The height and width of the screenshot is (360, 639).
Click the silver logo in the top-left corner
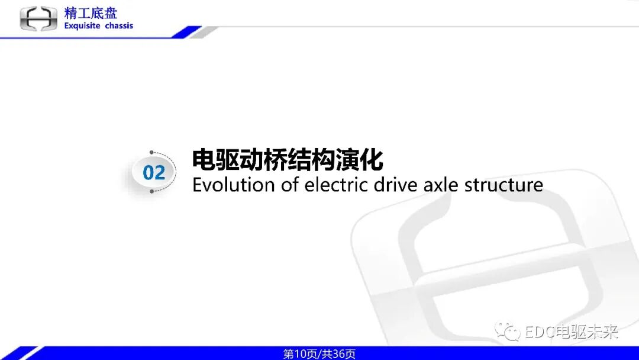38,18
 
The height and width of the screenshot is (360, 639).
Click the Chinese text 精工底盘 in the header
91,12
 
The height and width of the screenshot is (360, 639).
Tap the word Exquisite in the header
82,26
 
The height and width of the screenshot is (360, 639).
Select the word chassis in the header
120,26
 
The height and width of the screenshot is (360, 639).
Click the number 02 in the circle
154,172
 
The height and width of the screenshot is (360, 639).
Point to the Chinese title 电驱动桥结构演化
288,160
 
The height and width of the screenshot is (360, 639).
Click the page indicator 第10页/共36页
319,353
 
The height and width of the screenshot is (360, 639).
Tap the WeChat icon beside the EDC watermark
508,332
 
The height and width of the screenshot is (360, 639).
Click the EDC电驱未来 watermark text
571,332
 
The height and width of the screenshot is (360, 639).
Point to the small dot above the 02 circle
152,153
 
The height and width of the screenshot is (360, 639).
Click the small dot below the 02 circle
152,192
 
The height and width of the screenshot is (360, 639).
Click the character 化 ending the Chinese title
372,160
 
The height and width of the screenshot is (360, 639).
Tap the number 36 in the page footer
339,353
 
